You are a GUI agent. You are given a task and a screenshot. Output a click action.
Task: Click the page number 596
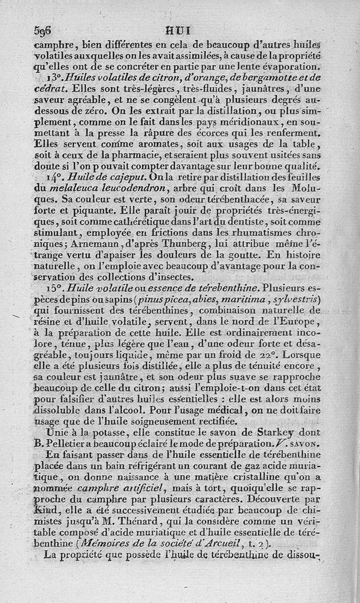click(43, 31)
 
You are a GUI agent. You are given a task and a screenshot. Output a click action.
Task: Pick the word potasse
click(96, 432)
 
